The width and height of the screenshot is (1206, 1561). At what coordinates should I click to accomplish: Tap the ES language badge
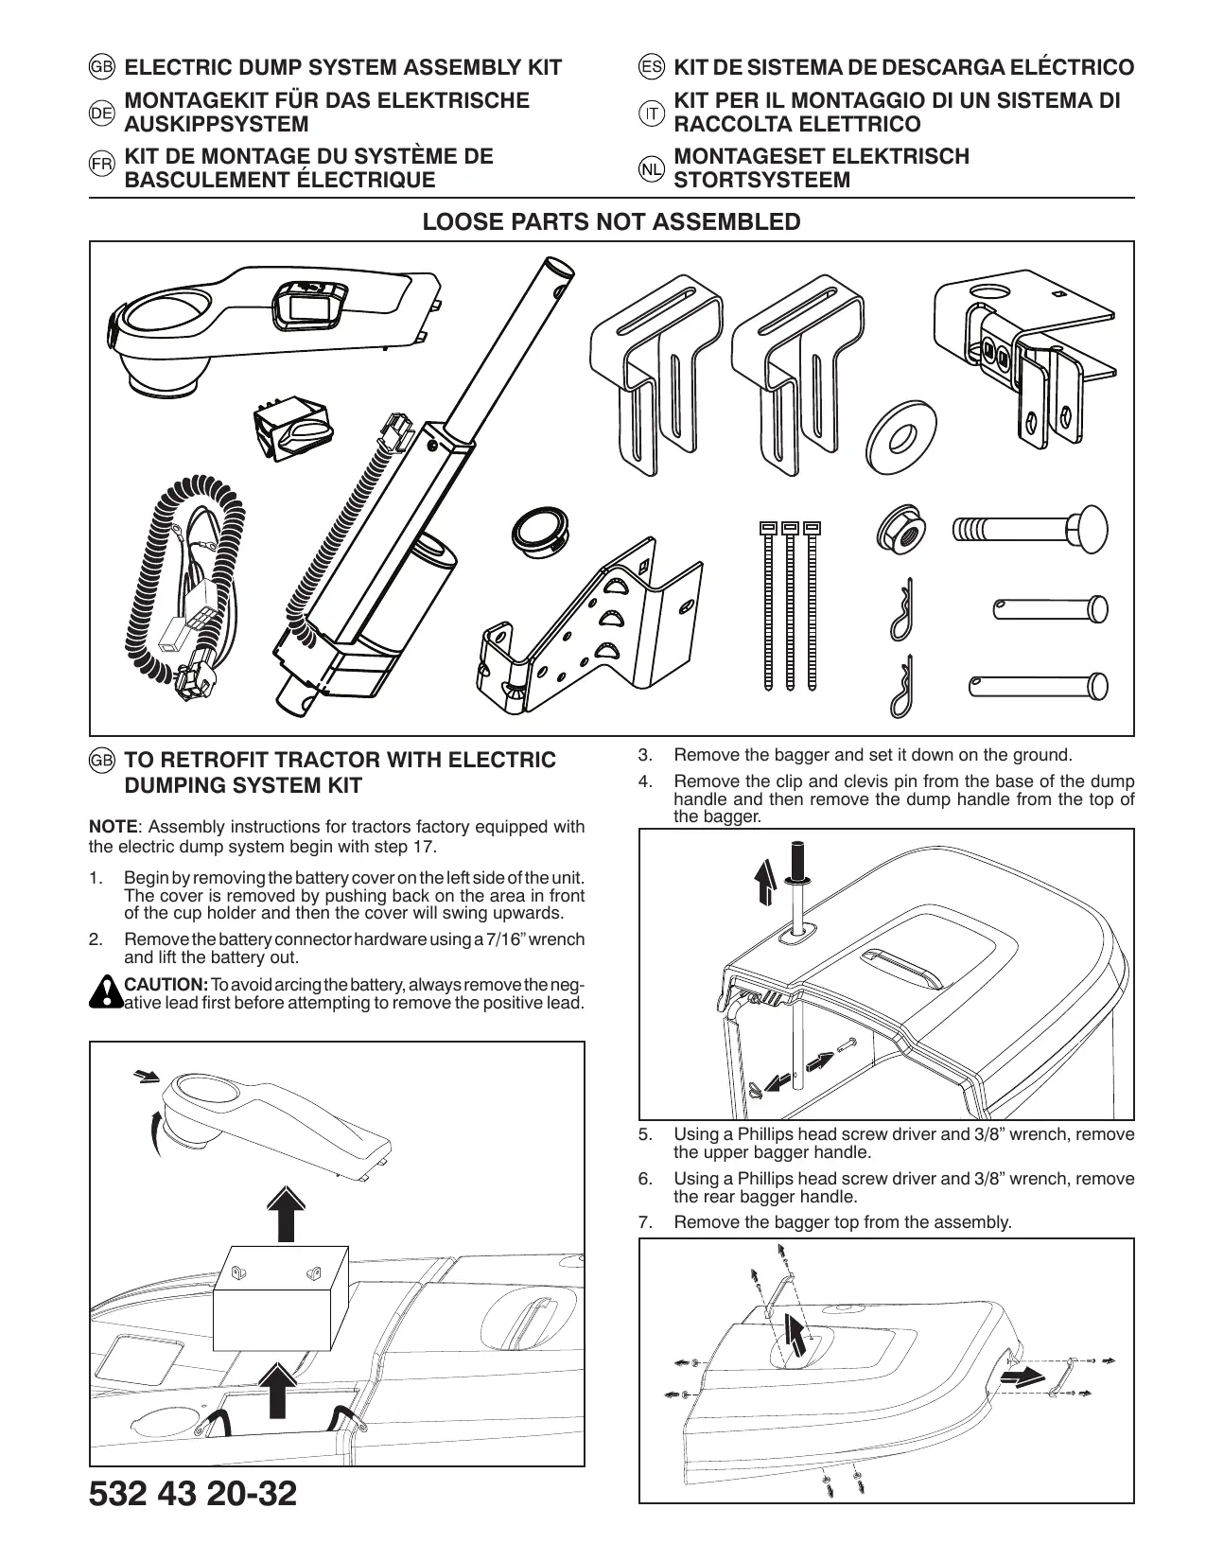coord(651,68)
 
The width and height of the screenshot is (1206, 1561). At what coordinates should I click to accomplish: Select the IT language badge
coord(651,114)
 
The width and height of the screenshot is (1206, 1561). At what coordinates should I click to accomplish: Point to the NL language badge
coord(651,170)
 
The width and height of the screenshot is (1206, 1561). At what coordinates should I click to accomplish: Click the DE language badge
coord(101,114)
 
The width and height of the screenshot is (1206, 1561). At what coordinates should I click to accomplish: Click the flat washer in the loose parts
coord(900,434)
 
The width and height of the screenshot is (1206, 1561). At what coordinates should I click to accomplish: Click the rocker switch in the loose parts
coord(289,430)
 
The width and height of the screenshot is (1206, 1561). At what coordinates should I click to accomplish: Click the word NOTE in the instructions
coord(113,827)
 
